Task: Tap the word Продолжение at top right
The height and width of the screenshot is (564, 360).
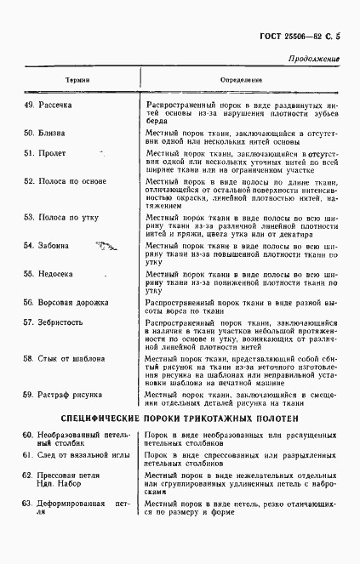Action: pos(313,59)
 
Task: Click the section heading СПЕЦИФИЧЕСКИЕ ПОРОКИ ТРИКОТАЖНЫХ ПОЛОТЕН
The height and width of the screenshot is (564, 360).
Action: pos(179,419)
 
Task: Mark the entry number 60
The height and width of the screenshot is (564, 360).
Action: pos(27,436)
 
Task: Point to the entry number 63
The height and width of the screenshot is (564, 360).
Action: pos(27,504)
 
